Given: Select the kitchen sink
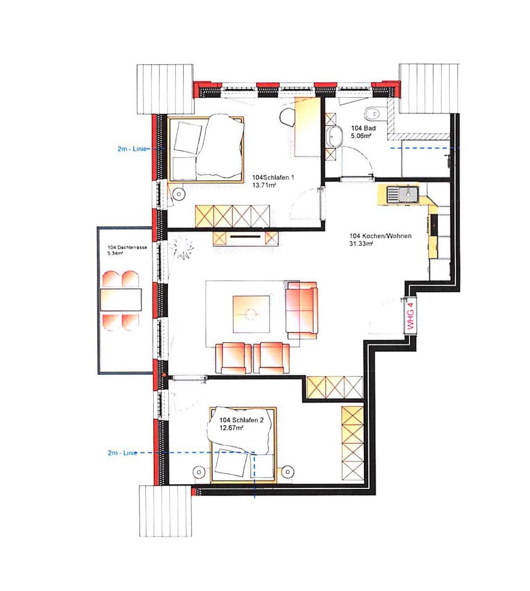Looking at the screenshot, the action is (402, 194).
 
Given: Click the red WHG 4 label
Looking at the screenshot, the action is (411, 316).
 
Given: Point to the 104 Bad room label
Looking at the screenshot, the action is (363, 128).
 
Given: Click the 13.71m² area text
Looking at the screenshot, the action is (264, 185).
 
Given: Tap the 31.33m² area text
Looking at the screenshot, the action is (361, 243).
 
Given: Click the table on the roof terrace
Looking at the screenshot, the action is (121, 300).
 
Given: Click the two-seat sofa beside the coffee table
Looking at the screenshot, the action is (302, 310).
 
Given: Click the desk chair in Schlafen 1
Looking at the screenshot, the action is (287, 117).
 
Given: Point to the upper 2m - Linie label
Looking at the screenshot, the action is (132, 149).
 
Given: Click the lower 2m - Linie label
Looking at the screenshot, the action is (122, 453).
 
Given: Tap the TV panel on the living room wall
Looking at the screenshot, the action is (245, 237).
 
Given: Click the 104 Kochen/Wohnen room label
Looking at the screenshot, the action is (380, 236).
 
